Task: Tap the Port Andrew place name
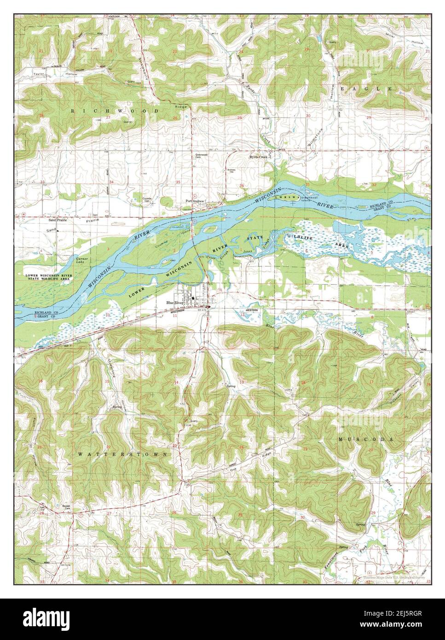pyautogui.click(x=195, y=201)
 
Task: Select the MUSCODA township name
pyautogui.click(x=366, y=440)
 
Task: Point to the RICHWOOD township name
pyautogui.click(x=115, y=111)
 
